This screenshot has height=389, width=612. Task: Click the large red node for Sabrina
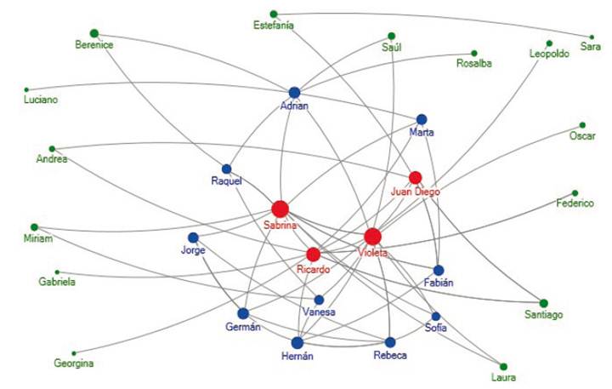[x=280, y=209]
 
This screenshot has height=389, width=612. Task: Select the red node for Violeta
[x=372, y=237]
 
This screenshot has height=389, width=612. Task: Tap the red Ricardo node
[x=313, y=255]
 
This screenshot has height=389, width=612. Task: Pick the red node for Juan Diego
[x=415, y=177]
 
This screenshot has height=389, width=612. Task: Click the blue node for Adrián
[x=294, y=92]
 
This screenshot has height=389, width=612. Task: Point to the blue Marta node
[x=421, y=119]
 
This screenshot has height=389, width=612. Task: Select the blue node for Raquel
[x=227, y=169]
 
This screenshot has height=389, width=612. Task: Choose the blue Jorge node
[x=193, y=237]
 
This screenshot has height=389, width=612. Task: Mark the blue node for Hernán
[x=297, y=342]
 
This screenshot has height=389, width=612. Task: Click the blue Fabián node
[x=439, y=270]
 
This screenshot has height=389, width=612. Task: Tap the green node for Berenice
[x=94, y=33]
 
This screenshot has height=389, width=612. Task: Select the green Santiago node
[x=543, y=303]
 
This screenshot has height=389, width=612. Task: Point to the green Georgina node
[x=74, y=353]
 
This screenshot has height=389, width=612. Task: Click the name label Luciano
[x=41, y=100]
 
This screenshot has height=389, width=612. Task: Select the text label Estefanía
[x=274, y=26]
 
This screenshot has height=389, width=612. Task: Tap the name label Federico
[x=575, y=204]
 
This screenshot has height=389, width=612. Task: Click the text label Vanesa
[x=319, y=312]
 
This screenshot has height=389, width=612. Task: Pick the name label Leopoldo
[x=549, y=54]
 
